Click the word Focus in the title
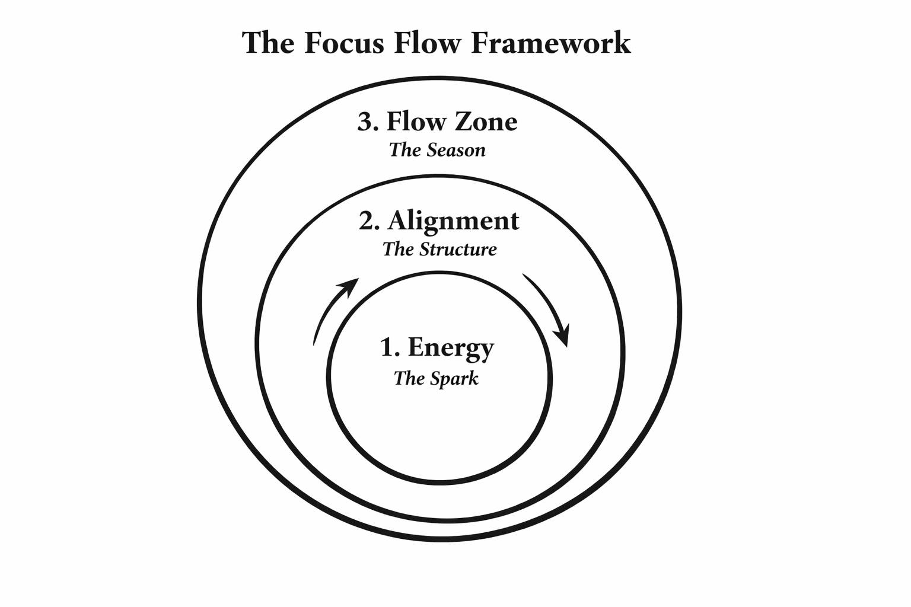pos(344,43)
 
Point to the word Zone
pos(486,122)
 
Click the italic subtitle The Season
pos(437,150)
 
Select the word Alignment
pos(454,222)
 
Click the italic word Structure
pos(458,250)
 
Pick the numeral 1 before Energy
pos(387,347)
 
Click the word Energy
pos(451,349)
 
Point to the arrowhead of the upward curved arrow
pos(349,287)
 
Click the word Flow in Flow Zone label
pos(416,122)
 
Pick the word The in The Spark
pos(407,378)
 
